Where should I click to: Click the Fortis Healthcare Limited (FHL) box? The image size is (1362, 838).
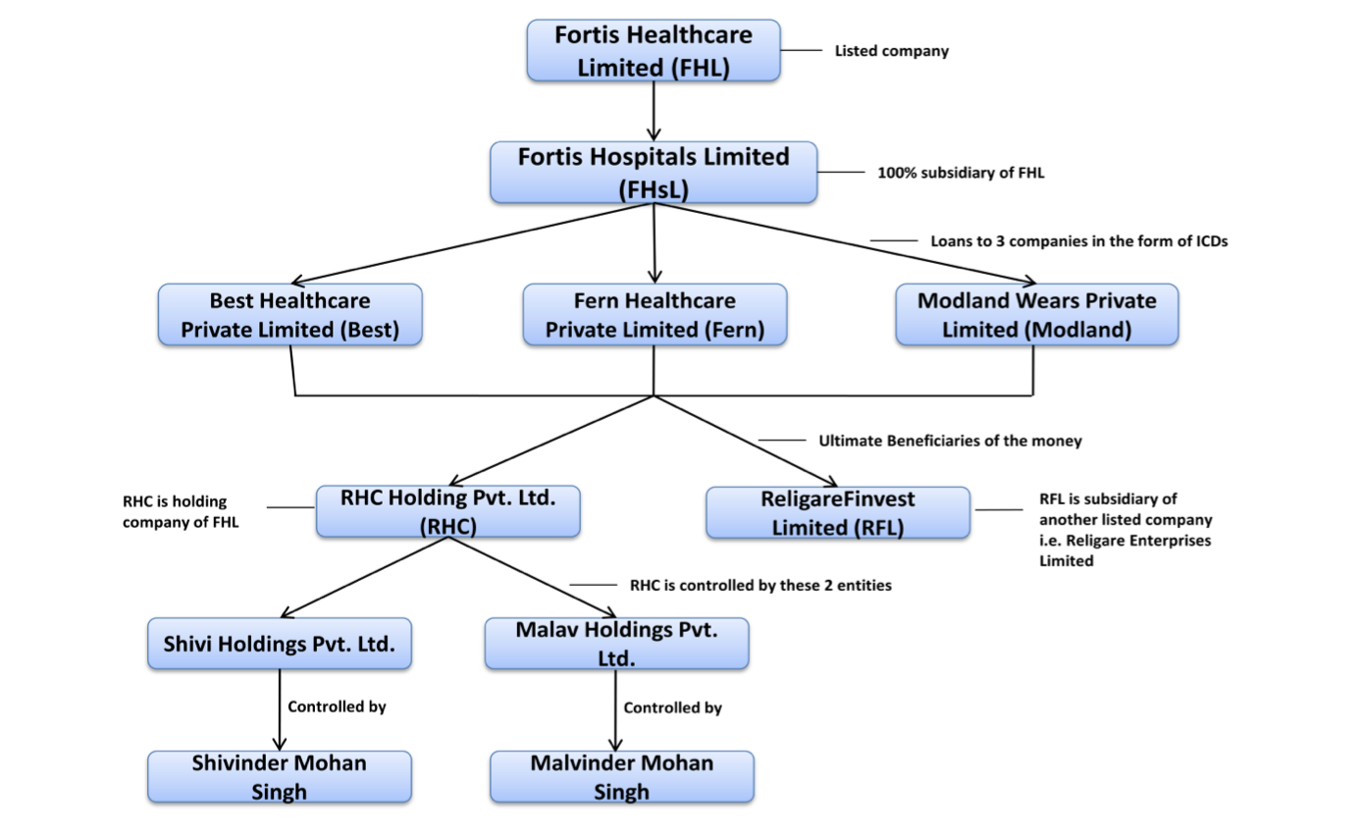[654, 51]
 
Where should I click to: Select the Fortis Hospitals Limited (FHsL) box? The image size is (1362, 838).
[655, 173]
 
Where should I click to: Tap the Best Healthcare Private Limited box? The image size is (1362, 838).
[289, 315]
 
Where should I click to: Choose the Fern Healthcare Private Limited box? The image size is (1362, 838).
[655, 315]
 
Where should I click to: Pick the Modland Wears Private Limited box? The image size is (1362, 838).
[1036, 315]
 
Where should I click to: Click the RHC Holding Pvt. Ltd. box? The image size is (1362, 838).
[448, 511]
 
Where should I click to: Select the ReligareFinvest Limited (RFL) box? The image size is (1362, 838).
[837, 513]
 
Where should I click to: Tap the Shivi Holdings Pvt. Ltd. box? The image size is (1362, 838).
[280, 644]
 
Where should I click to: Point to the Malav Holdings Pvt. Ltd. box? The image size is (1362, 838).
[617, 643]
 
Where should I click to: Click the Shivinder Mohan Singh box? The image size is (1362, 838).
[280, 776]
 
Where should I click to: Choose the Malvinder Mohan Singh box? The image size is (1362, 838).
[622, 776]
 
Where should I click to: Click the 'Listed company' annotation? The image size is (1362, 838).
[891, 51]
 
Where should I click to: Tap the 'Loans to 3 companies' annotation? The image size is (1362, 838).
[1078, 240]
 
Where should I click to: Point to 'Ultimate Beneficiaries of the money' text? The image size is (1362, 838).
[950, 441]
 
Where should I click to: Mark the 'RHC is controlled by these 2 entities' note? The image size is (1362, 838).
[760, 585]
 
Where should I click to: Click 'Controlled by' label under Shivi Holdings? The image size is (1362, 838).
[337, 707]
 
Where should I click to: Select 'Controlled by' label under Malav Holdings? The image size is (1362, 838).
[673, 707]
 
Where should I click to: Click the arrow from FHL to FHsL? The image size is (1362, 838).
[654, 111]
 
